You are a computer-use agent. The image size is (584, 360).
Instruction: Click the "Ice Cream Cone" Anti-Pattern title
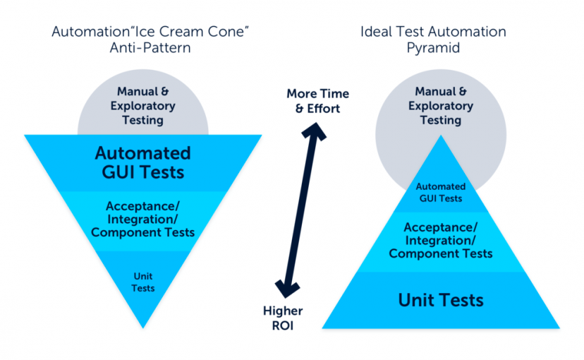point(150,40)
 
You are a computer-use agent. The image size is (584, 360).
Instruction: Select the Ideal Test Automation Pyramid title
point(433,40)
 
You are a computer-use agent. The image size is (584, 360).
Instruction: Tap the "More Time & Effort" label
point(317,101)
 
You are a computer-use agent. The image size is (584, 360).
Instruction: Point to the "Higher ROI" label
point(283,318)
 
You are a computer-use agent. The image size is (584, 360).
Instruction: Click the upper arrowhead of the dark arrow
point(315,131)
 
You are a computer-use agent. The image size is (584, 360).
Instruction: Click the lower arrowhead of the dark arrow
point(287,289)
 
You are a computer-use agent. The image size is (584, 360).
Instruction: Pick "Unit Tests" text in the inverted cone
point(143,282)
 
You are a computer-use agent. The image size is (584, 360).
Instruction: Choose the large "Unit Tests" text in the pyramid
point(441,300)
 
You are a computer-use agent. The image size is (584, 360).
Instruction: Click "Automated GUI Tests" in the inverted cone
point(143,163)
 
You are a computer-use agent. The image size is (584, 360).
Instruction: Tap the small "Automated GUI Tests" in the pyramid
point(441,192)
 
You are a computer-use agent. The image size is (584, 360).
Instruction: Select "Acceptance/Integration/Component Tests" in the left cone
point(143,219)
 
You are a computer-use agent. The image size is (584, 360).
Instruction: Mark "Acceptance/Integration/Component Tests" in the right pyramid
point(441,241)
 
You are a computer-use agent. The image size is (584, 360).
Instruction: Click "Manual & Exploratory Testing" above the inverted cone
point(143,106)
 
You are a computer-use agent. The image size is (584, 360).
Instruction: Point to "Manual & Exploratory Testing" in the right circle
point(441,106)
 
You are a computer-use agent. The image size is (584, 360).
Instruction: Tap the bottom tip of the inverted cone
point(143,328)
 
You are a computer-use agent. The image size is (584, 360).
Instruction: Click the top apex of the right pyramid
point(441,136)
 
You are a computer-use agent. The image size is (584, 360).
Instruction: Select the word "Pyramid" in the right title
point(433,48)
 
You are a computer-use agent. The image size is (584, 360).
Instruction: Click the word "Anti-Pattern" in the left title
point(150,48)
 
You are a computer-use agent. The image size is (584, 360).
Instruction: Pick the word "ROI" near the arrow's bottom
point(283,325)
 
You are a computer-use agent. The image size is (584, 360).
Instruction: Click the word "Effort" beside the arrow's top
point(323,109)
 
